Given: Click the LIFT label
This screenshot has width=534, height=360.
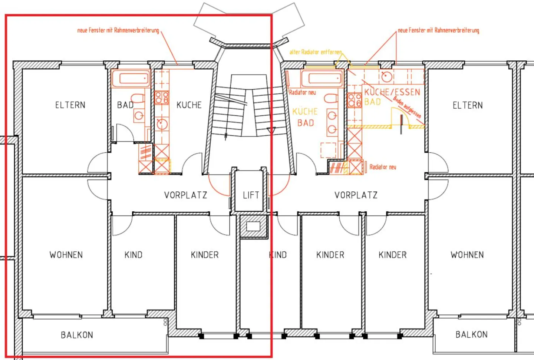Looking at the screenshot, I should point(251,195).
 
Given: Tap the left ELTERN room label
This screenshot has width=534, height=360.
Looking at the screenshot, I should point(70,105).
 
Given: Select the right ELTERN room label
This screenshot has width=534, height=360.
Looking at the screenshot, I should point(468,106).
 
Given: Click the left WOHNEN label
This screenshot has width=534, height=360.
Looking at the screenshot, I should point(66,255).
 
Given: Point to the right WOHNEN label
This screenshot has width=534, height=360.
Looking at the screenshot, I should point(467,255).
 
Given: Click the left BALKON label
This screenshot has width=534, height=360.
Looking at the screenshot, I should point(77,335).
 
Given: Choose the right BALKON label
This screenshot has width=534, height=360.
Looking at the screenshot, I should point(471,335).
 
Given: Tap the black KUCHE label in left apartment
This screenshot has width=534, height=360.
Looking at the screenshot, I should point(189,105).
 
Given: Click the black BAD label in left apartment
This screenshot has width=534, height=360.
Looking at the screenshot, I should point(125,105).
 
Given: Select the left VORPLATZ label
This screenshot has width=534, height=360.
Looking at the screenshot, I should point(185,195).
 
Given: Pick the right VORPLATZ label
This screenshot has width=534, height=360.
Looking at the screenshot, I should point(356,195).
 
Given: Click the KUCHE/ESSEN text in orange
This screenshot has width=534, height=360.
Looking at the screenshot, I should point(392,92).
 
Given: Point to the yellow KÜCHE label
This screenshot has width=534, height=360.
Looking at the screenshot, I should point(305,112).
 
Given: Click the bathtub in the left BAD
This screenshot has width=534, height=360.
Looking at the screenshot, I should point(130,79).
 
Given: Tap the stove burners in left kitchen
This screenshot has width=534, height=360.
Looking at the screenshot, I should point(162,98).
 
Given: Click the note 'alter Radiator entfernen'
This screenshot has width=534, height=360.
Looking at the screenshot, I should point(315,52).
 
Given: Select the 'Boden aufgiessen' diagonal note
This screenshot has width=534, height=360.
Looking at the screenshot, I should point(407,107).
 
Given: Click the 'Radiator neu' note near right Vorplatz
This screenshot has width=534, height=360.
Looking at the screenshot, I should point(383,167).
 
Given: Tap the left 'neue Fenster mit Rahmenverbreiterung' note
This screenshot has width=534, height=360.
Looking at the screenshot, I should point(118,30).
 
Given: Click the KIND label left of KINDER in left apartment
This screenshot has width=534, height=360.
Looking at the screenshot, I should point(133,255).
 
